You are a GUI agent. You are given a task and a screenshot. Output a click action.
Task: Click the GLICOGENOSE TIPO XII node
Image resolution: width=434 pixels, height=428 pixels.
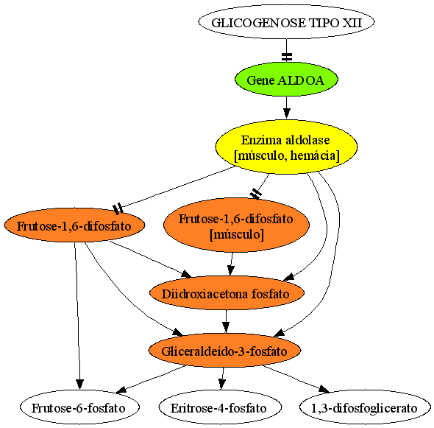[x=286, y=22]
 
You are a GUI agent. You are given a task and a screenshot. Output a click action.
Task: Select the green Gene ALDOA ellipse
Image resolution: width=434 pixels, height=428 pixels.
[x=286, y=80]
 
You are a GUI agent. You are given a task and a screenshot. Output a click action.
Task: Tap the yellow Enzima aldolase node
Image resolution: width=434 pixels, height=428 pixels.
[x=286, y=147]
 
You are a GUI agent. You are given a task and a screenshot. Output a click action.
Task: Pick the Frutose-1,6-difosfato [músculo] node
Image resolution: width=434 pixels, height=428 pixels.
[x=236, y=225]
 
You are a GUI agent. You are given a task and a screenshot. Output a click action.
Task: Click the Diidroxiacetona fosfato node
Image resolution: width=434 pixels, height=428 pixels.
[x=227, y=293]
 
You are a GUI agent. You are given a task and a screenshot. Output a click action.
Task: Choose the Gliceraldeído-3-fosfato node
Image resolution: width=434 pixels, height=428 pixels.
[x=225, y=351]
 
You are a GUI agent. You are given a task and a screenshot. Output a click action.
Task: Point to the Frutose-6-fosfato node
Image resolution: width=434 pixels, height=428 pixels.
[x=79, y=407]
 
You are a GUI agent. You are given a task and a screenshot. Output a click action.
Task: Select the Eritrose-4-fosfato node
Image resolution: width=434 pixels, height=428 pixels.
[x=220, y=407]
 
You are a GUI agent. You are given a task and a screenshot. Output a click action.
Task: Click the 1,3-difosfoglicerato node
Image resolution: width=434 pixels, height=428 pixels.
[x=365, y=407]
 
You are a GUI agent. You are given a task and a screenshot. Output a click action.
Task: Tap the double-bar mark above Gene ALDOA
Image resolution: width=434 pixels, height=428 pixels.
[x=287, y=57]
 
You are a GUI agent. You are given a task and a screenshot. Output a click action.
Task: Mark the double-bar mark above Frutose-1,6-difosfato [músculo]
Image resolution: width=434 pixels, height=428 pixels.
[x=255, y=194]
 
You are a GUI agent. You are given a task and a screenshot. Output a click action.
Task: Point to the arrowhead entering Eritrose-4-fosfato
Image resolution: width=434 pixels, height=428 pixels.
[x=221, y=385]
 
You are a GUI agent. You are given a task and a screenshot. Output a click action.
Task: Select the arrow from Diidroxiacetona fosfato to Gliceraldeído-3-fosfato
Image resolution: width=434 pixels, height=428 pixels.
[x=226, y=322]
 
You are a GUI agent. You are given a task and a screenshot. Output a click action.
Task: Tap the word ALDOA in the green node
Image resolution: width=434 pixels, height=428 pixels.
[x=301, y=80]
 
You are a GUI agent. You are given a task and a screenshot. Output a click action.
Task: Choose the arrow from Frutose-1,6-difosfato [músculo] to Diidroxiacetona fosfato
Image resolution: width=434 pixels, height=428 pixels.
[x=231, y=264]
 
